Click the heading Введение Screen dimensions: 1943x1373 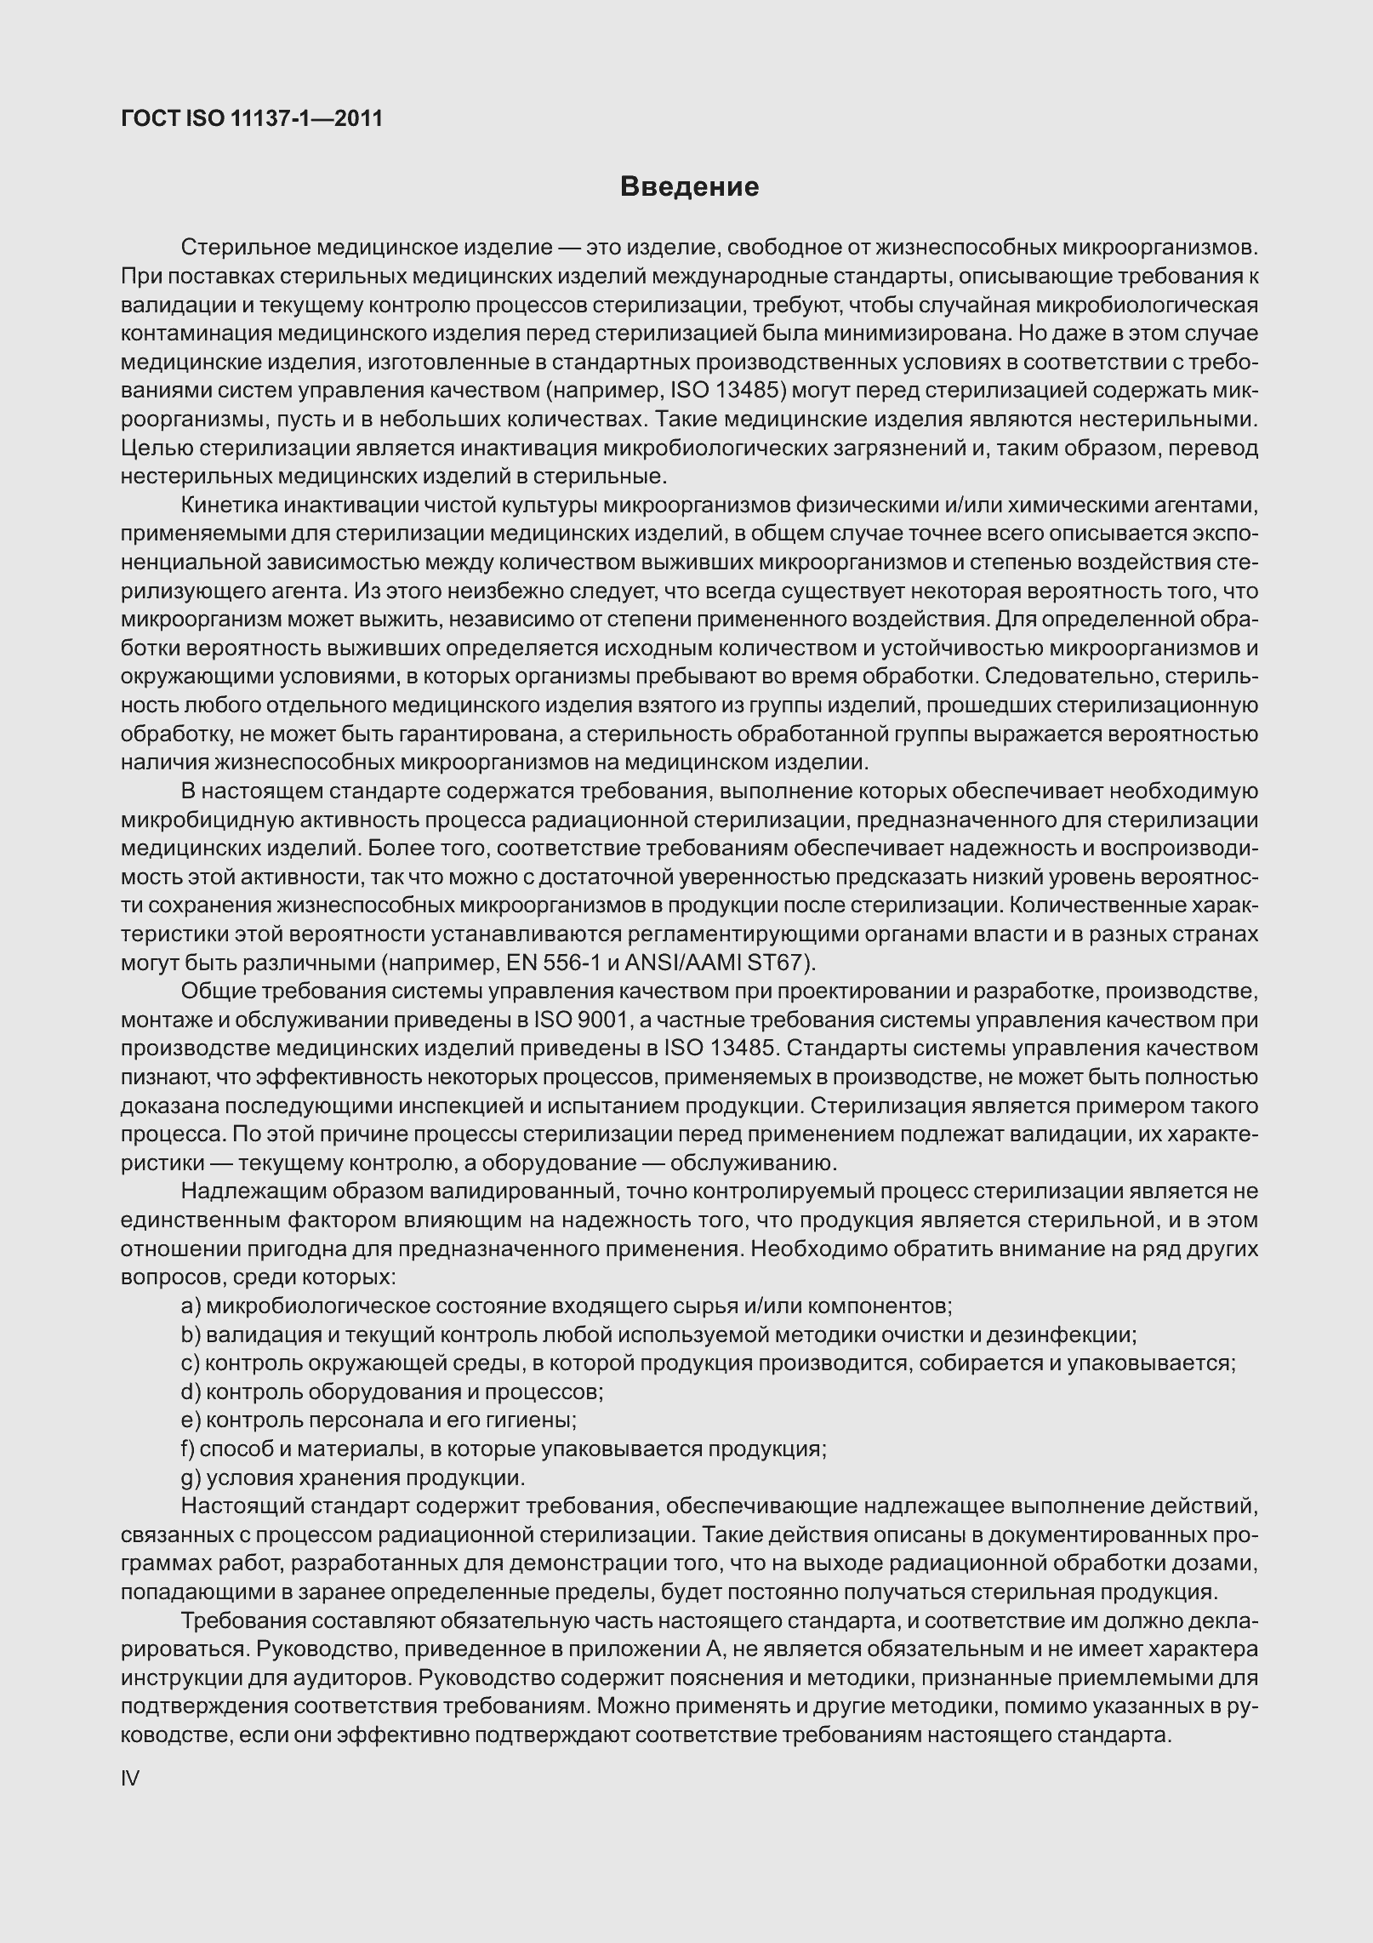click(x=689, y=186)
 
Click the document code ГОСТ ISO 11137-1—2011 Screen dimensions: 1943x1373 click(x=252, y=118)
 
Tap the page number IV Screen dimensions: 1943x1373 click(x=130, y=1778)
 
